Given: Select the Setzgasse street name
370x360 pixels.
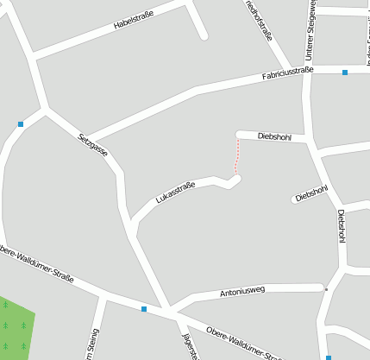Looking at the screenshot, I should pyautogui.click(x=93, y=143).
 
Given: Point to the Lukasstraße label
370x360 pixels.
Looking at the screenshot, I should pyautogui.click(x=174, y=193).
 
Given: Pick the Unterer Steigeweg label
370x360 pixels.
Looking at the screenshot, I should pyautogui.click(x=309, y=29).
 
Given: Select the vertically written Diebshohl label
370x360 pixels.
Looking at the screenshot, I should pyautogui.click(x=342, y=225).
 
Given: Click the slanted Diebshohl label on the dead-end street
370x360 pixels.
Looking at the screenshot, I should pyautogui.click(x=312, y=193).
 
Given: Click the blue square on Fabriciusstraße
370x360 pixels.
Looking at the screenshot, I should pyautogui.click(x=345, y=73).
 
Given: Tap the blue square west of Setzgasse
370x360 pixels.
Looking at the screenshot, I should pyautogui.click(x=20, y=124).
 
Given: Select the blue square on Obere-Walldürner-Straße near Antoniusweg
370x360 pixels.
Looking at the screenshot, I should pyautogui.click(x=144, y=308).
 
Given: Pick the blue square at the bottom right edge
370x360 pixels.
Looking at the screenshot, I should pyautogui.click(x=329, y=357).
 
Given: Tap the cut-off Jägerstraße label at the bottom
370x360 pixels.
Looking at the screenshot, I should pyautogui.click(x=191, y=346).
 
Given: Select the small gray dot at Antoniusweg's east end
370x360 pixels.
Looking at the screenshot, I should pyautogui.click(x=326, y=289).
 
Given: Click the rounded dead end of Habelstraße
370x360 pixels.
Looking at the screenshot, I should pyautogui.click(x=204, y=36).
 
